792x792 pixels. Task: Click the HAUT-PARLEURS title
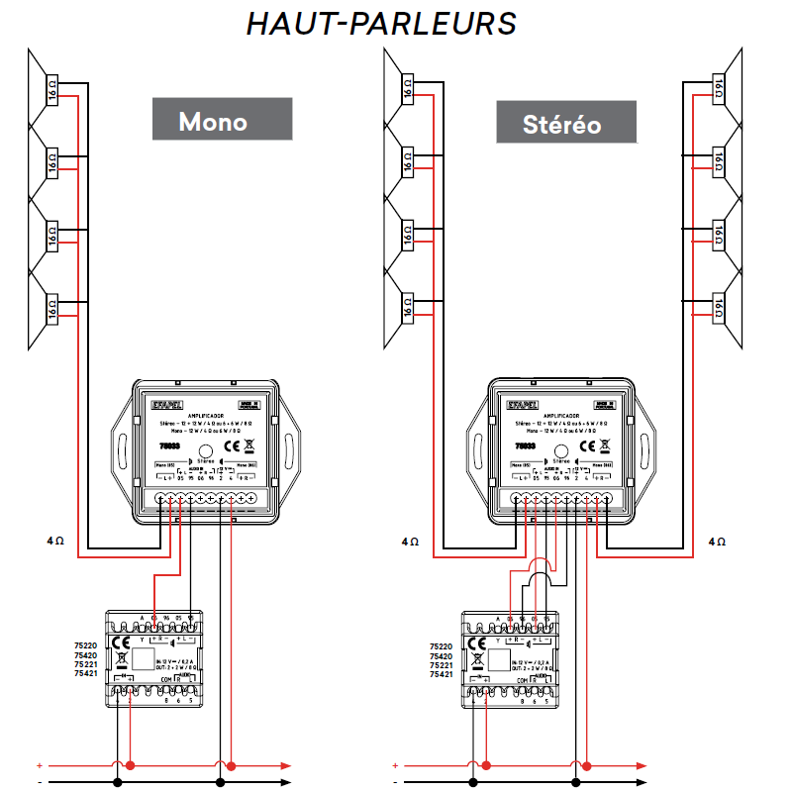381,24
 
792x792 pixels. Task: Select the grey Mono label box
212,122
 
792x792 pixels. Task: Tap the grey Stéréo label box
561,125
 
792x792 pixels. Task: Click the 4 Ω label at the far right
718,542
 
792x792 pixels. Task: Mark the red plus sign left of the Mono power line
40,765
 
